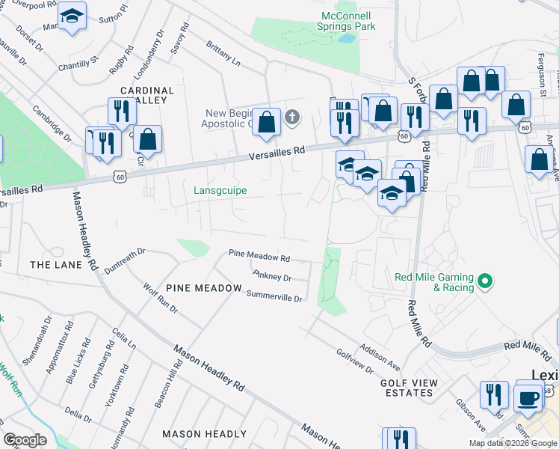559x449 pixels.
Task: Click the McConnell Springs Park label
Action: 348,21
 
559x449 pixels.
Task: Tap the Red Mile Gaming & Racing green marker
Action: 485,282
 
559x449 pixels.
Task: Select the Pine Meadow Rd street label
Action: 259,257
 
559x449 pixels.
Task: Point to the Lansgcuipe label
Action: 220,191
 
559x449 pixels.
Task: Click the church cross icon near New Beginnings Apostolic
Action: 291,117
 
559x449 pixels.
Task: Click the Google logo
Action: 25,440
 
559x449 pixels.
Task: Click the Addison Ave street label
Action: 379,357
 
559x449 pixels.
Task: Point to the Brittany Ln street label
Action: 224,55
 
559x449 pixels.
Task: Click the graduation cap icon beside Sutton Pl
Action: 72,16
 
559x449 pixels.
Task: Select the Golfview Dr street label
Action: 354,361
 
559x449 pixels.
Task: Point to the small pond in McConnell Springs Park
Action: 345,37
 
